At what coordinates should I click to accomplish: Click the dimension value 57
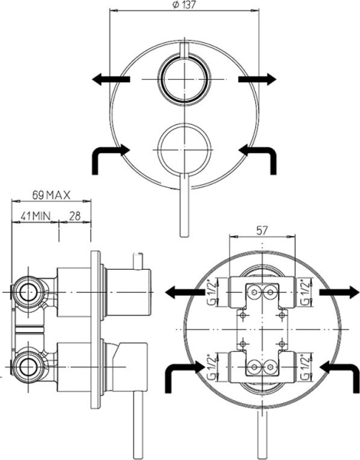tap(262, 230)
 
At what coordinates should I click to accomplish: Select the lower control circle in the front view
tap(182, 143)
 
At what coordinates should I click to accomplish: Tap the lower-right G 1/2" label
tap(306, 366)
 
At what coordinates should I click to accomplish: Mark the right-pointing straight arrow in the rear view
tap(338, 292)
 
